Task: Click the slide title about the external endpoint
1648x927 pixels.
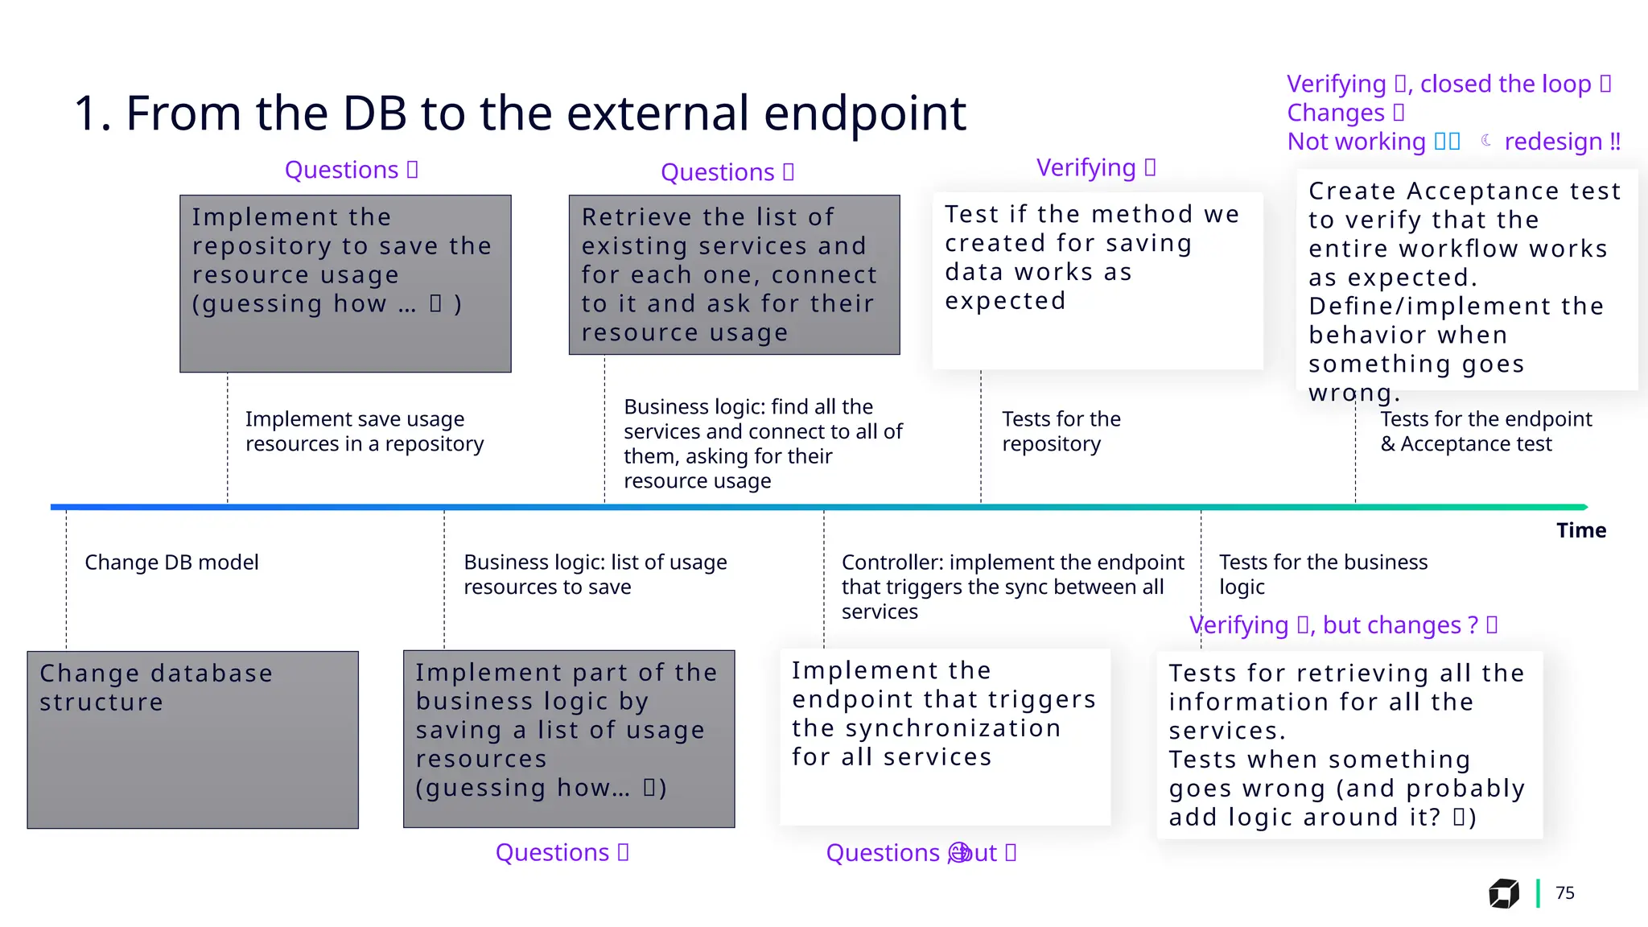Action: tap(520, 113)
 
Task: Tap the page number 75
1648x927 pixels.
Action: tap(1564, 892)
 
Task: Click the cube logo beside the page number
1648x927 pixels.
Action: tap(1503, 893)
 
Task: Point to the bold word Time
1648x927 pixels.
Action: tap(1580, 530)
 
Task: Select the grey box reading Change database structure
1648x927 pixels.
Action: tap(192, 740)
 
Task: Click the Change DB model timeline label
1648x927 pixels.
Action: tap(171, 562)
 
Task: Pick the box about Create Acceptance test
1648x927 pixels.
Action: tap(1466, 279)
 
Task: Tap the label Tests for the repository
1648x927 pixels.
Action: tap(1061, 431)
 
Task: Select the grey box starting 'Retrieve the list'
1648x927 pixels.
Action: tap(734, 274)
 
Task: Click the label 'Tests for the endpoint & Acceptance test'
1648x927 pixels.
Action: tap(1485, 431)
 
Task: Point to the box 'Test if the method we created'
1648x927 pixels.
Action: tap(1098, 280)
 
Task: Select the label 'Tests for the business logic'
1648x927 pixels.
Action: tap(1323, 574)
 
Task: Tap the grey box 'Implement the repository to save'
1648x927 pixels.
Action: tap(345, 283)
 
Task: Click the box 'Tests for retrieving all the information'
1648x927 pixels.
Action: tap(1349, 744)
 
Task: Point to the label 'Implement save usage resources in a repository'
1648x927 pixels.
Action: tap(365, 431)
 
